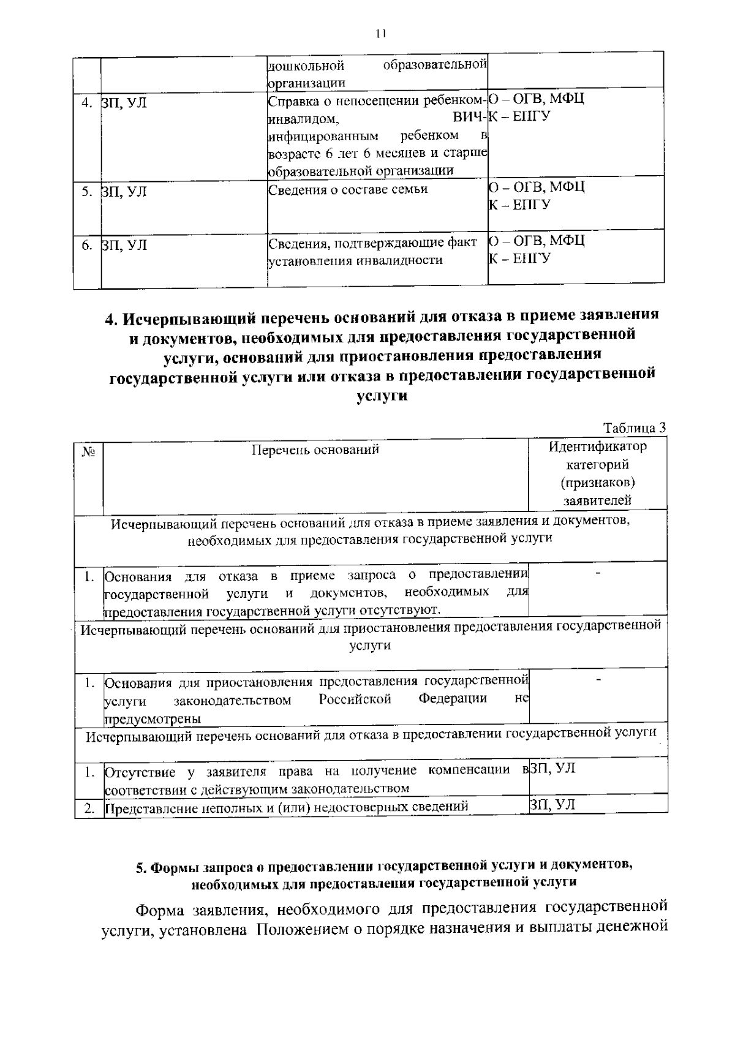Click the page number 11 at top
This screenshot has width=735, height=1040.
[x=380, y=34]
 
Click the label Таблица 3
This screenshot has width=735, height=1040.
[x=635, y=428]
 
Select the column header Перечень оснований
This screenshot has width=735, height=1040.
[x=315, y=450]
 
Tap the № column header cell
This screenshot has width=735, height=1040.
[x=88, y=453]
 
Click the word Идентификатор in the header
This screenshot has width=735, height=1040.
[x=597, y=447]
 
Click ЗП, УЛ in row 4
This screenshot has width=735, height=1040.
[x=124, y=102]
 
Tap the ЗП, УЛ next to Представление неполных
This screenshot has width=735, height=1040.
[x=552, y=804]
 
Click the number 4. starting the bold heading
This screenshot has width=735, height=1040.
[x=111, y=318]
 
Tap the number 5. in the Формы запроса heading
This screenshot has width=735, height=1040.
[x=141, y=867]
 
